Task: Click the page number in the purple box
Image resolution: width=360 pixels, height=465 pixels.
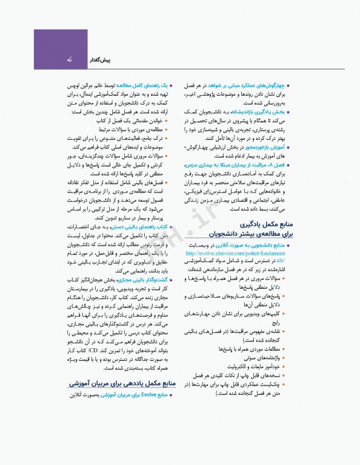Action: pos(70,61)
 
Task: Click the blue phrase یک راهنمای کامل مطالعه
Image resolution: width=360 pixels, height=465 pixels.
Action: pos(144,86)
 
